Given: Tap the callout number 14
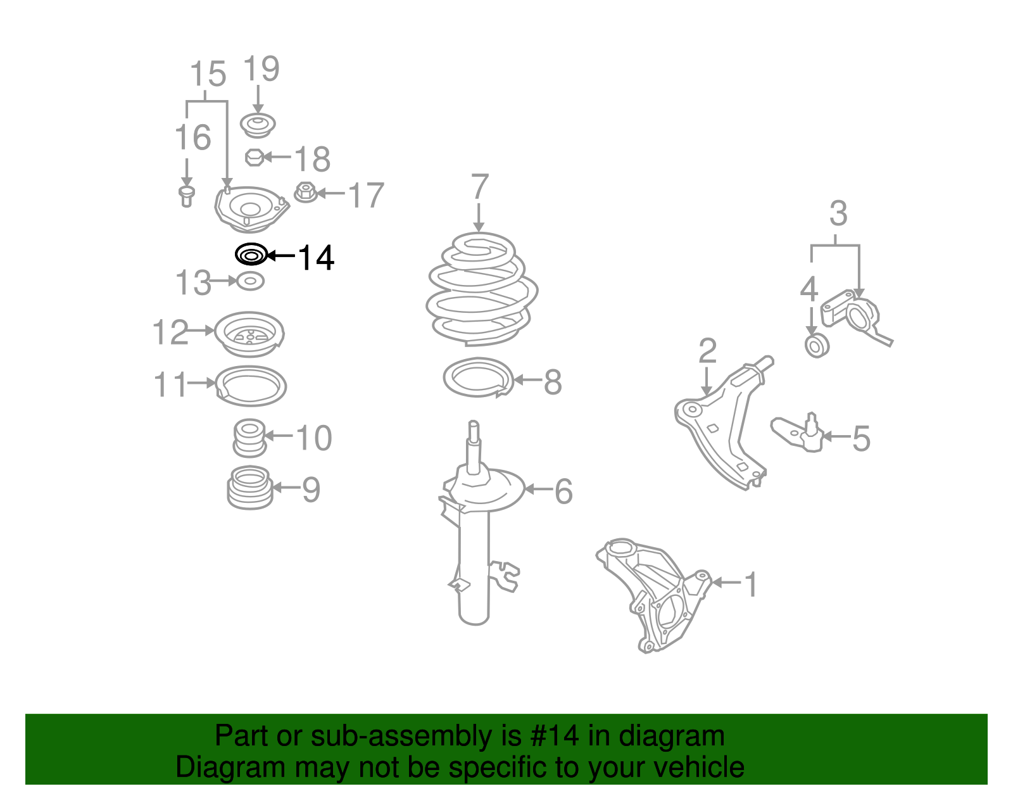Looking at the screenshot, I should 315,258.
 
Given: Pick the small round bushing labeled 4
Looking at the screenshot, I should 816,346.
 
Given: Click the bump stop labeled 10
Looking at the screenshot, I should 249,438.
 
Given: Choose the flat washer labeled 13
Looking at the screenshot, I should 250,280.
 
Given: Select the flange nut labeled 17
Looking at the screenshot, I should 306,193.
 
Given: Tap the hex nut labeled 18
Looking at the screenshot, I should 254,156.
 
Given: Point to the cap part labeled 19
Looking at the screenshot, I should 258,125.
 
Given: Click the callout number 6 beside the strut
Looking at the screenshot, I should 563,491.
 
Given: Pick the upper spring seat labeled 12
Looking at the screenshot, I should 249,334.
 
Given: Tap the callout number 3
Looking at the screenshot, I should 838,214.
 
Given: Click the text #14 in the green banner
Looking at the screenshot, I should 554,736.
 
